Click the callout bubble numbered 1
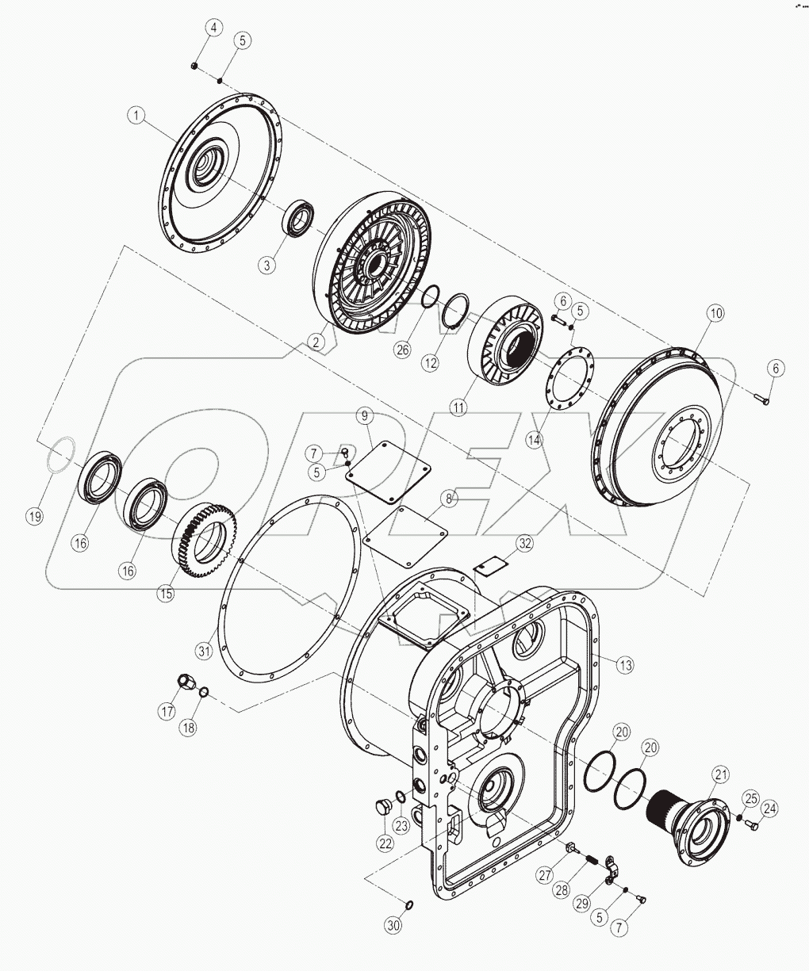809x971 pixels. click(x=137, y=116)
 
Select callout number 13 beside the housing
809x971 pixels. click(x=626, y=665)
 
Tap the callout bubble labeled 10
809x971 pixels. click(x=715, y=313)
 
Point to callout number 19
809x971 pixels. click(x=34, y=516)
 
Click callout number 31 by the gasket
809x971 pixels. click(x=205, y=652)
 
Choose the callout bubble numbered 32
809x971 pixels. click(x=524, y=543)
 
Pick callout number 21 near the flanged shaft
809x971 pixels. click(x=719, y=774)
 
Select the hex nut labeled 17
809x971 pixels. click(x=186, y=682)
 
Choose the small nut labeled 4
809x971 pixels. click(x=194, y=64)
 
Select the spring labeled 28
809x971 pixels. click(x=588, y=858)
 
